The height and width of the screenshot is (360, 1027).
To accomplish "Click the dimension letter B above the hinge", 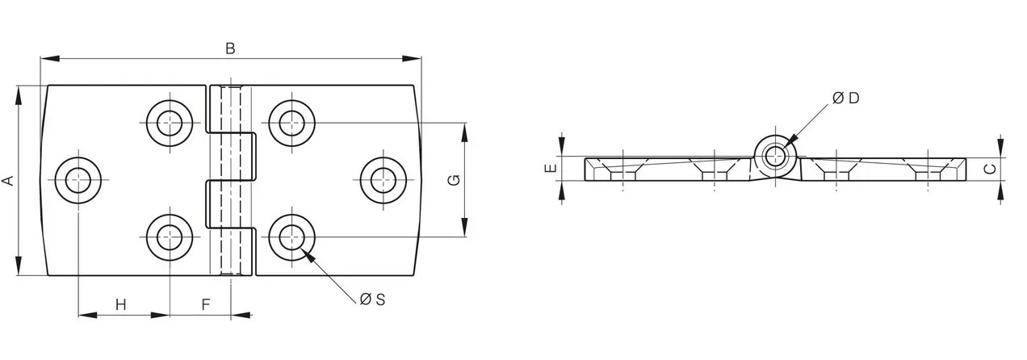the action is (230, 48).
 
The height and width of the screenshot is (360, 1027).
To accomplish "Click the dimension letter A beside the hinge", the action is (8, 180).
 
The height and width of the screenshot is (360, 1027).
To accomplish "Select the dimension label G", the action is (454, 180).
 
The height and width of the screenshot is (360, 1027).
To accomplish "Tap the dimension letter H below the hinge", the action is (120, 304).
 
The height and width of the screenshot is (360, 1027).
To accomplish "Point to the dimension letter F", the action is (206, 304).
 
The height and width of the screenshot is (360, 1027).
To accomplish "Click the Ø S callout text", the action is (372, 299).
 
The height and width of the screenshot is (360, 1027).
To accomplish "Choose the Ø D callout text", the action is (845, 98).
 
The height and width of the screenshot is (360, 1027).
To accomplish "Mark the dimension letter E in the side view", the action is (551, 168).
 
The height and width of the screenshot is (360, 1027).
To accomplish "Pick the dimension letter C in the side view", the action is (991, 169).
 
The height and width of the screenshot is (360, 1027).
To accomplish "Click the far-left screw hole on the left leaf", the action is (78, 180).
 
